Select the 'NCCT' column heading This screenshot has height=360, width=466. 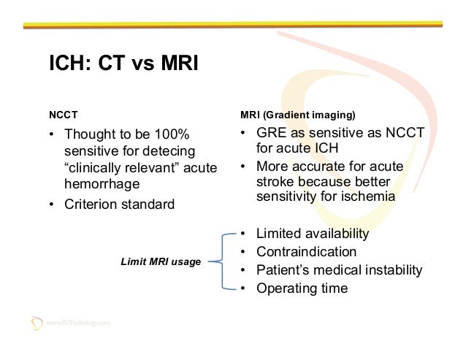click(64, 115)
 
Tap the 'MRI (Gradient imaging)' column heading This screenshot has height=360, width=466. click(298, 115)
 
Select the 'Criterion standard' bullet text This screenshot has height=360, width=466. click(119, 204)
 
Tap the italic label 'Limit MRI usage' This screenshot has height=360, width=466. click(161, 261)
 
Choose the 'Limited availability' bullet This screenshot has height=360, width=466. click(313, 234)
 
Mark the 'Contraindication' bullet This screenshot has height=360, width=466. click(306, 252)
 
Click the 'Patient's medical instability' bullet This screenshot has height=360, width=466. click(339, 270)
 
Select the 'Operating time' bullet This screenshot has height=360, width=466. click(302, 288)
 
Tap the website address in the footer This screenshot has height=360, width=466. click(78, 323)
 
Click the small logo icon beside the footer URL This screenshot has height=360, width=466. click(37, 322)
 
